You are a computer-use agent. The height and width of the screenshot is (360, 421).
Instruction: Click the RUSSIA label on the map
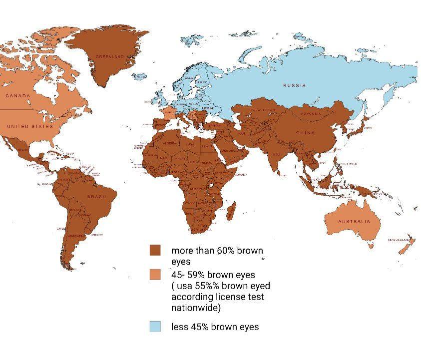[x=294, y=85]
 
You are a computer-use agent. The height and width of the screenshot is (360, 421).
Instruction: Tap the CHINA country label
[x=305, y=133]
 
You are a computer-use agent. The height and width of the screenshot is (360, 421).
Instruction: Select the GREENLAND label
[x=109, y=57]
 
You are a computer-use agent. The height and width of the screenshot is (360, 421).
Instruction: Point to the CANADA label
[x=18, y=95]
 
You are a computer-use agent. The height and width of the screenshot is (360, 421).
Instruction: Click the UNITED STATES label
[x=29, y=126]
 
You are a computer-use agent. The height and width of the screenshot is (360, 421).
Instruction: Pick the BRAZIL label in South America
[x=97, y=197]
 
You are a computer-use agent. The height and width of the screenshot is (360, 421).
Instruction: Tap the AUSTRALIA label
[x=354, y=221]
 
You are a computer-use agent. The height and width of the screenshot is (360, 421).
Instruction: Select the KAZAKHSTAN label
[x=263, y=109]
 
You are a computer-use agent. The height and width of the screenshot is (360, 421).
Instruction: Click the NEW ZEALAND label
[x=399, y=240]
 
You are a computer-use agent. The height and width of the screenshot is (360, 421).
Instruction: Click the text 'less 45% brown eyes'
[x=215, y=327]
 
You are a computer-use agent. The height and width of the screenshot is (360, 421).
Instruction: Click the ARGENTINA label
[x=76, y=235]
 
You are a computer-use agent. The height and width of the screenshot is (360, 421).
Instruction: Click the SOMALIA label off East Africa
[x=241, y=174]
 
